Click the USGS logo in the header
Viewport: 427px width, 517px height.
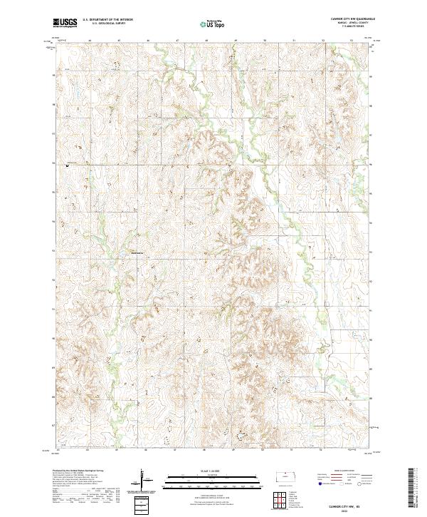point(64,23)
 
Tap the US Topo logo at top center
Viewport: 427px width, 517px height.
point(213,24)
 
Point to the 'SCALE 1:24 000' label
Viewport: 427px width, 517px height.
point(213,471)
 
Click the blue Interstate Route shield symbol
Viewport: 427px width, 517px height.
point(319,483)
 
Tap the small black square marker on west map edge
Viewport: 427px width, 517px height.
point(68,165)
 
